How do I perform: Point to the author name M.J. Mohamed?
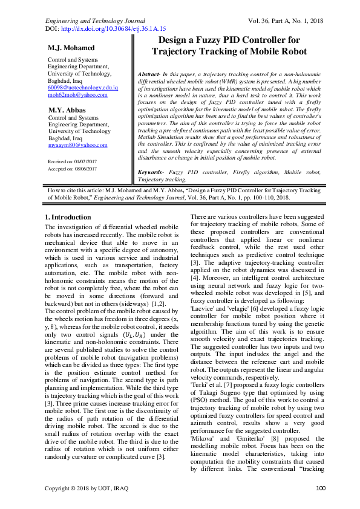pyautogui.click(x=71, y=48)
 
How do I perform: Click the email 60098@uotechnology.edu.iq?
pyautogui.click(x=83, y=88)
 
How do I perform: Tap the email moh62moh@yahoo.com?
pyautogui.click(x=77, y=95)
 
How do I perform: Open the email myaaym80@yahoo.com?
pyautogui.click(x=77, y=145)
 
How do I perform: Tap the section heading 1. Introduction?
pyautogui.click(x=68, y=216)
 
